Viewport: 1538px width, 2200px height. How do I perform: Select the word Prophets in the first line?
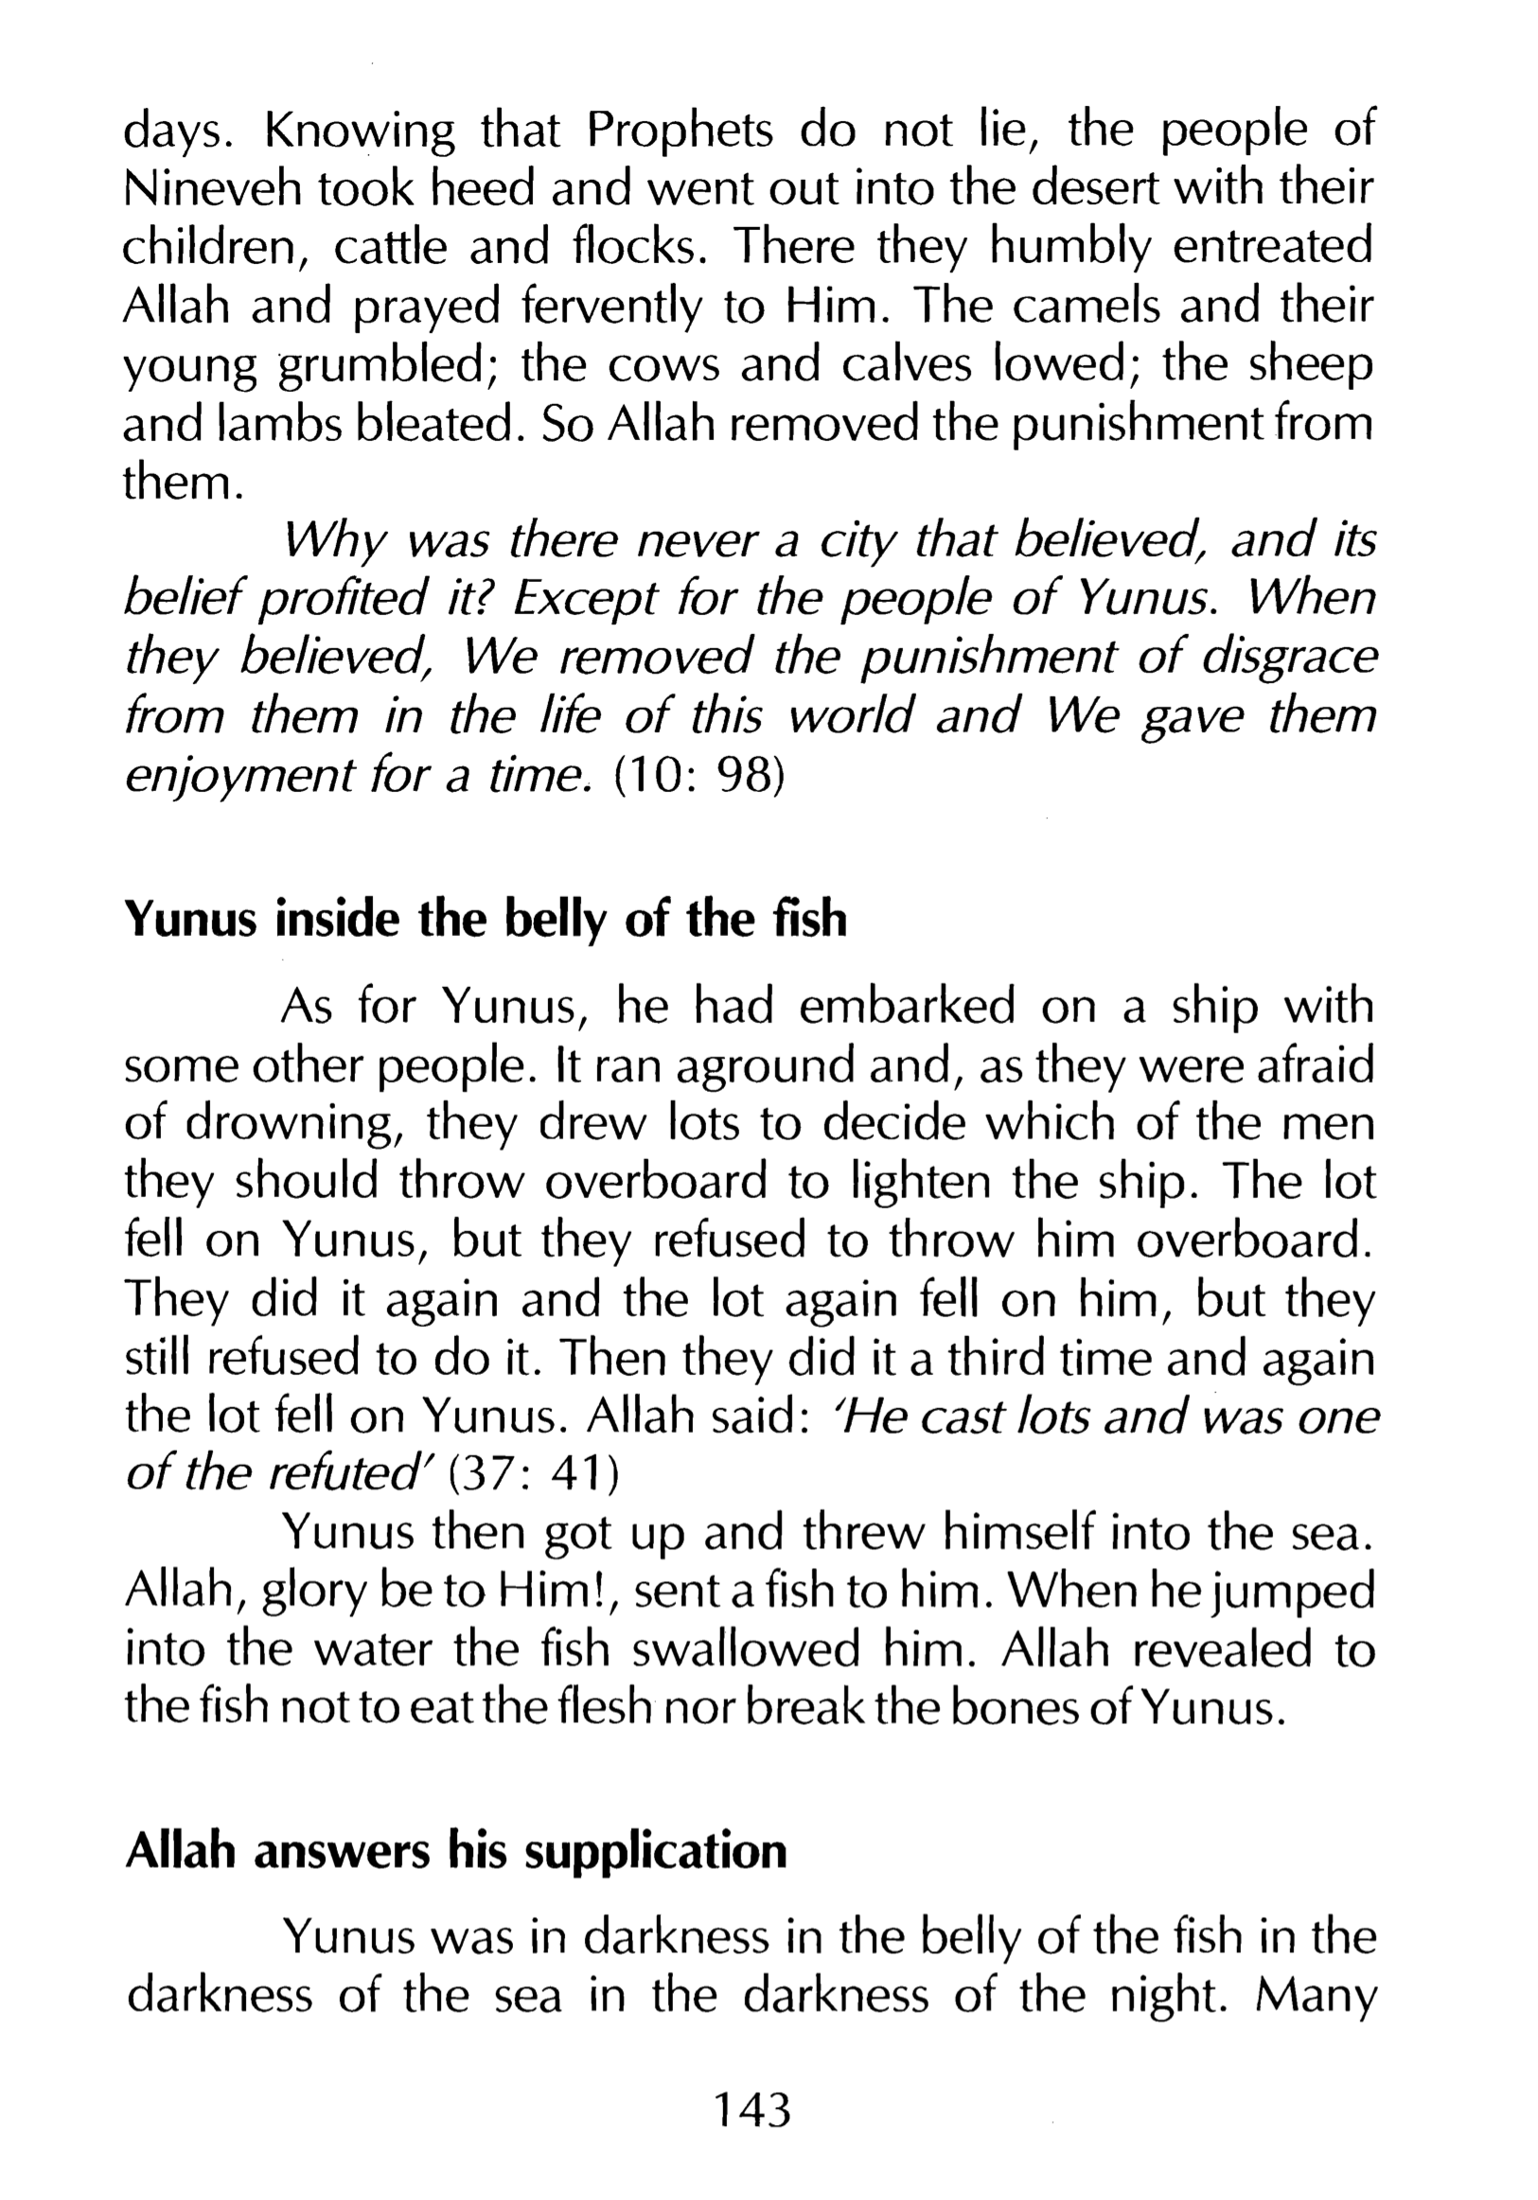coord(680,132)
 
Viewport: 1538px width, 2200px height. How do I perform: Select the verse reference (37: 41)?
coord(534,1474)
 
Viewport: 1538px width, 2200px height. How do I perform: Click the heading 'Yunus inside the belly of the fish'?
coord(486,920)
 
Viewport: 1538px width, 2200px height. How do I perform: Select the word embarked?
coord(906,1007)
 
